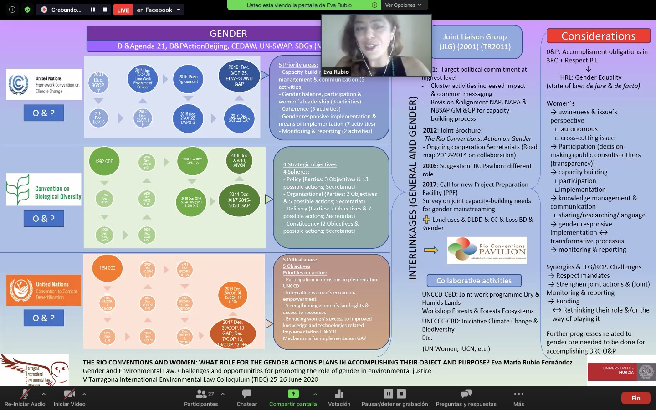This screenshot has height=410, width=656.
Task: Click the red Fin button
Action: pos(635,398)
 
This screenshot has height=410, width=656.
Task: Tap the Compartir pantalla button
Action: pos(293,394)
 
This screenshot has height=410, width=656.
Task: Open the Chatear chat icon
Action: pos(247,394)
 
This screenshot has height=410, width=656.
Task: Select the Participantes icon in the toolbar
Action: pos(201,394)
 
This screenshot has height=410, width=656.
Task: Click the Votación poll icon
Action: pos(339,394)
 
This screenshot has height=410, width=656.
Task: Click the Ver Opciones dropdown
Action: pos(403,5)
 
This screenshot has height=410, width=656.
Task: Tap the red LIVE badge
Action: pos(123,10)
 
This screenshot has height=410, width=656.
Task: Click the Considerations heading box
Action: pos(598,36)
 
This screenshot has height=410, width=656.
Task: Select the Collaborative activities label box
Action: pos(474,281)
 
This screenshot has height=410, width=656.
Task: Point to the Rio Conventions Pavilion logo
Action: pos(487,250)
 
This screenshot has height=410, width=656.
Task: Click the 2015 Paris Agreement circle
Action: pos(188,79)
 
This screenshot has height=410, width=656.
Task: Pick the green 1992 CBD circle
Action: pos(104,161)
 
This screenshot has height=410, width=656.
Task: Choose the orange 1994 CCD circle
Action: pos(107,268)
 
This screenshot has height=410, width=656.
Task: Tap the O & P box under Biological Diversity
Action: pos(44,219)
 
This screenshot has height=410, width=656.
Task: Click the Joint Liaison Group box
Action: pos(475,41)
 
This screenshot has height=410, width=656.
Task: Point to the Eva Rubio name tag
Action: pos(336,72)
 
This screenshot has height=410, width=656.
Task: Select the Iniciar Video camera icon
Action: pos(69,394)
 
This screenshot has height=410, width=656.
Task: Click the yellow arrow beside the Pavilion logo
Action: pos(430,250)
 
